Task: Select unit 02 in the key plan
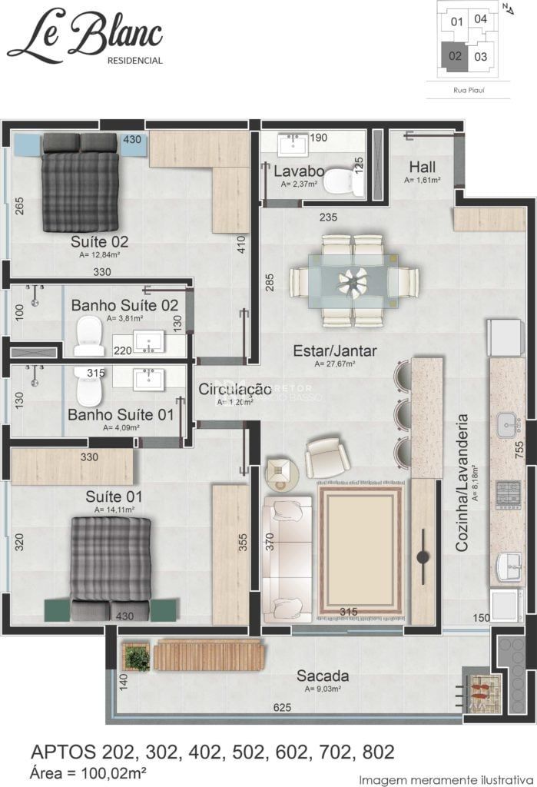click(x=456, y=55)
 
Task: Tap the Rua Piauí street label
click(x=468, y=89)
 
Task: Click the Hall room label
click(x=422, y=167)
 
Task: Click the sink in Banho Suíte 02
click(x=148, y=341)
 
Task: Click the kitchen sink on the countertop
click(x=508, y=423)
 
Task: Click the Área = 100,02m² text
click(x=88, y=771)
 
